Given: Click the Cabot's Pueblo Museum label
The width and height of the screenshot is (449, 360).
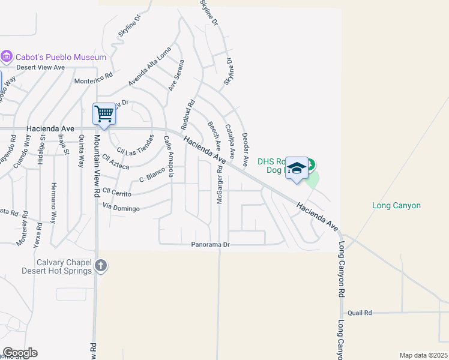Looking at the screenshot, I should (62, 58).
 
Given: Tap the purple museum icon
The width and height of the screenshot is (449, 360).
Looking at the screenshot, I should (7, 57).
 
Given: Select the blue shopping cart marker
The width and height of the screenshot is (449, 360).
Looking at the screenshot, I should (104, 113).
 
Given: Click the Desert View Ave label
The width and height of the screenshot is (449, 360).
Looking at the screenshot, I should (40, 67).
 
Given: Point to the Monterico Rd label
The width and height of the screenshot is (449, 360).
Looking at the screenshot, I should (93, 79).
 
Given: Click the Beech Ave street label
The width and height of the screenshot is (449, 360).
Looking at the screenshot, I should (214, 136).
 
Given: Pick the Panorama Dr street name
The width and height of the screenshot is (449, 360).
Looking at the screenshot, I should (211, 245).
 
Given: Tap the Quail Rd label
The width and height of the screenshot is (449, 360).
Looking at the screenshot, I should (360, 313).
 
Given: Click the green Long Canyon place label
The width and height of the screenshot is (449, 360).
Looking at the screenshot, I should (396, 206).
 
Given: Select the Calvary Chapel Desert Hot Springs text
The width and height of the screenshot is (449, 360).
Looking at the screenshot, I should (56, 266).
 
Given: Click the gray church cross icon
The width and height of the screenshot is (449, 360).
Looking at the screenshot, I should (101, 265).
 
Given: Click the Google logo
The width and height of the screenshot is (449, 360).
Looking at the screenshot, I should (20, 353).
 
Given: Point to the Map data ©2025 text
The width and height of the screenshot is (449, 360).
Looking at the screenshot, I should (424, 355).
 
